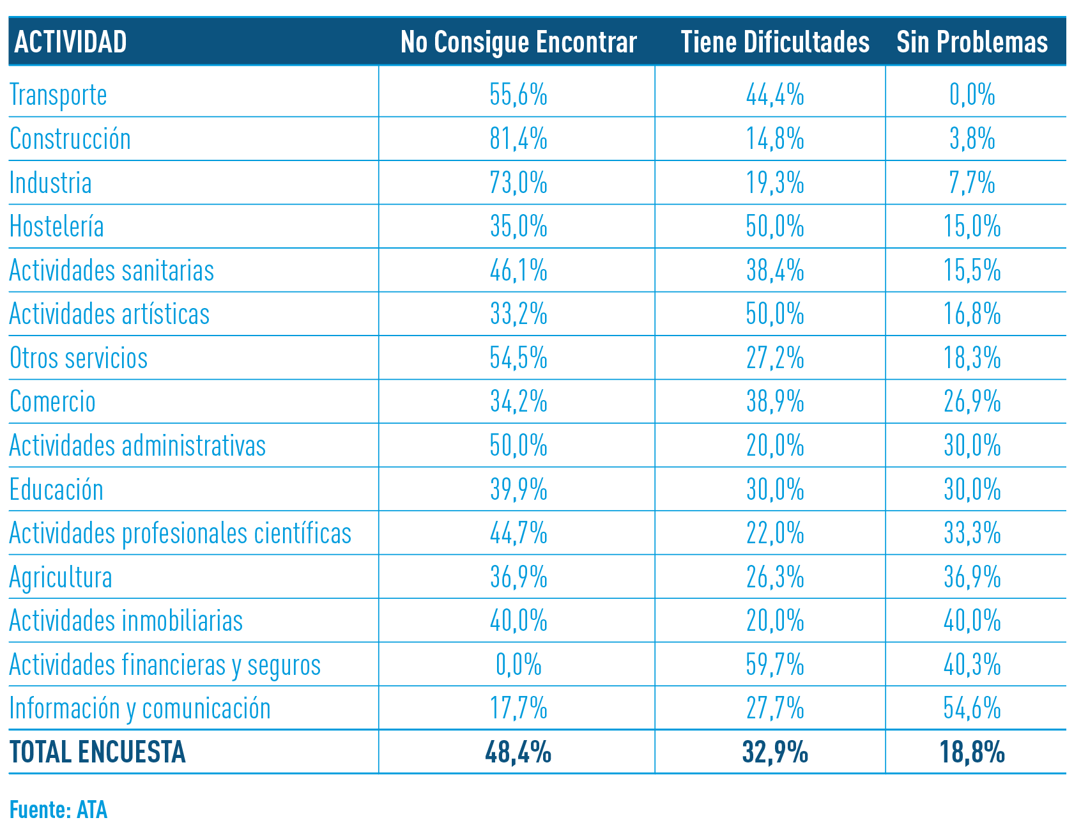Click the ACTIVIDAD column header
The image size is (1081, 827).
pyautogui.click(x=70, y=42)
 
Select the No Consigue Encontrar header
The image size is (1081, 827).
pyautogui.click(x=518, y=42)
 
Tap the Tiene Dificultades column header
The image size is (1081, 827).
pyautogui.click(x=774, y=42)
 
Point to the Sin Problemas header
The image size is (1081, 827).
pyautogui.click(x=972, y=42)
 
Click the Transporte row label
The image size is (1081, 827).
pyautogui.click(x=58, y=95)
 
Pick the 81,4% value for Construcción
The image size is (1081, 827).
pyautogui.click(x=518, y=139)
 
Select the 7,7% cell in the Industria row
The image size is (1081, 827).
pyautogui.click(x=972, y=183)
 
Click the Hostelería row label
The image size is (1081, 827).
pyautogui.click(x=56, y=226)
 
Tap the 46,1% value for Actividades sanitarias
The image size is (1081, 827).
pyautogui.click(x=518, y=270)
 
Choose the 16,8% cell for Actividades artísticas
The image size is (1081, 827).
pyautogui.click(x=972, y=314)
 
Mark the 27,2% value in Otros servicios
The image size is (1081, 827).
pyautogui.click(x=774, y=358)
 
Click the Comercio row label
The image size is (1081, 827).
pyautogui.click(x=52, y=401)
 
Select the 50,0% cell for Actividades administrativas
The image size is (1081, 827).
pyautogui.click(x=518, y=445)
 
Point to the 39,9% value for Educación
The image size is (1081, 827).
pyautogui.click(x=518, y=490)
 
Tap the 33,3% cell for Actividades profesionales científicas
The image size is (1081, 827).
pyautogui.click(x=972, y=533)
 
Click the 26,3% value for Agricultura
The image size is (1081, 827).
pyautogui.click(x=774, y=577)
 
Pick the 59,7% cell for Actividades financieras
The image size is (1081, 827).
pyautogui.click(x=774, y=665)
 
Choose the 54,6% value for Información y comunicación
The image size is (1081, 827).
pyautogui.click(x=972, y=708)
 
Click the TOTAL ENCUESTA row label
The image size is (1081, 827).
pyautogui.click(x=97, y=752)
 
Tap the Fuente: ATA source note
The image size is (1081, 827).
pyautogui.click(x=58, y=810)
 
